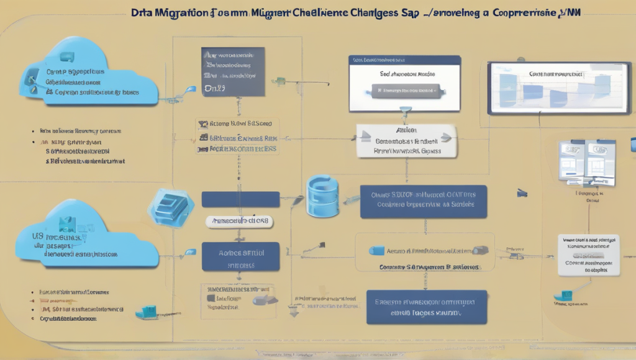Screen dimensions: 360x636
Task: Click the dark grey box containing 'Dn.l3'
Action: coord(234,71)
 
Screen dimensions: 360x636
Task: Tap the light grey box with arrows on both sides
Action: coord(407,140)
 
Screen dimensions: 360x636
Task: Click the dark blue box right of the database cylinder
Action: coord(424,200)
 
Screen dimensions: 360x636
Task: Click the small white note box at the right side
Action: coord(589,254)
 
